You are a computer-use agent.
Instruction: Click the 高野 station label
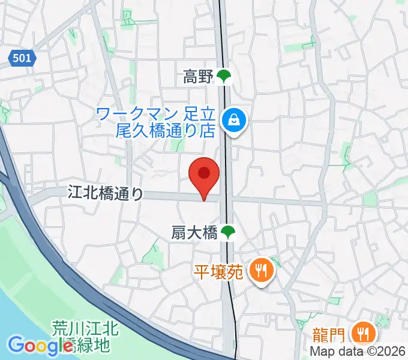point(199,76)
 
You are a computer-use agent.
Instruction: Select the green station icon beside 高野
point(224,76)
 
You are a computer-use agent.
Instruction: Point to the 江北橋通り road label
point(106,193)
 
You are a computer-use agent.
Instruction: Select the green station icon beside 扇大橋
point(227,232)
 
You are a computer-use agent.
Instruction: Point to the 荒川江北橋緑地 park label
point(84,337)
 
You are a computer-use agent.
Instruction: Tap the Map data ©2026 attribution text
point(358,352)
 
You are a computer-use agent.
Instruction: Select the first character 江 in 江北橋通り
point(74,193)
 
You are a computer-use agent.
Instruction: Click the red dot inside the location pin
point(204,173)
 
